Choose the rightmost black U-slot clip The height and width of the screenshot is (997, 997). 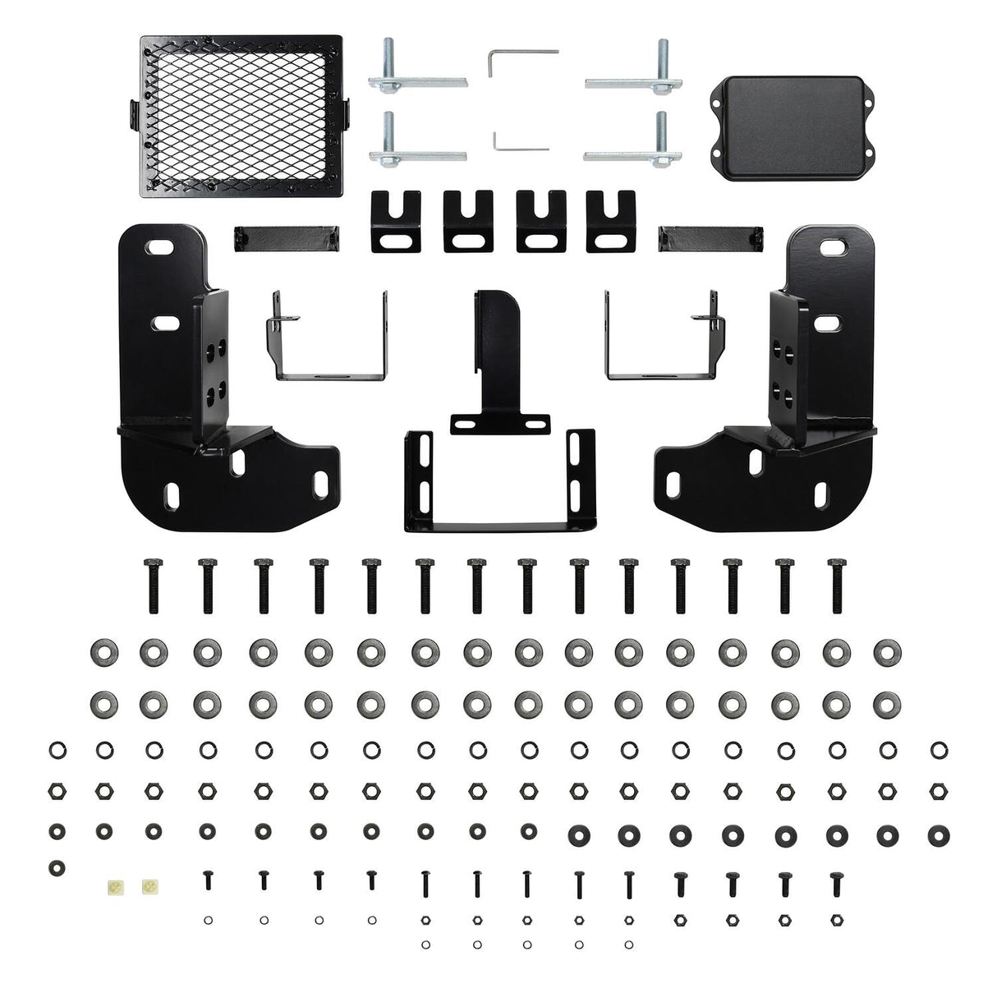tap(611, 221)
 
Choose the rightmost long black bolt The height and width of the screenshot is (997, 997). tap(836, 585)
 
